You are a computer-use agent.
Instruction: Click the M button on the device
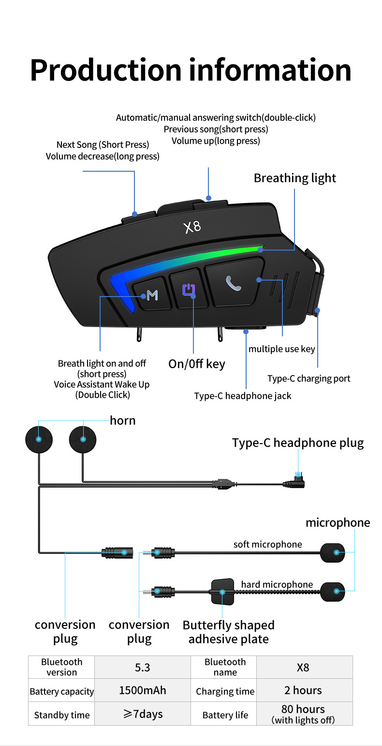[x=152, y=295]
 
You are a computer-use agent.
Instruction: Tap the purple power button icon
[x=189, y=290]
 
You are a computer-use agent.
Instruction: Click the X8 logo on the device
[x=192, y=226]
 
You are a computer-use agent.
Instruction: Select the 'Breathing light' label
[x=294, y=178]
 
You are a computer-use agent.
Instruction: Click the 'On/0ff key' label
[x=196, y=364]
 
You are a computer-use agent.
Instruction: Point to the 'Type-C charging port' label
[x=309, y=378]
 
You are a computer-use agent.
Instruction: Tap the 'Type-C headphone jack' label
[x=242, y=396]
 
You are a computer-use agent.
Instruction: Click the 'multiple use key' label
[x=281, y=349]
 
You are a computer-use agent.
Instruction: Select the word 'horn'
[x=122, y=420]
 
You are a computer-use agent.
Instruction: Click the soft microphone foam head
[x=333, y=552]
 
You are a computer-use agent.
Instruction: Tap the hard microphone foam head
[x=333, y=591]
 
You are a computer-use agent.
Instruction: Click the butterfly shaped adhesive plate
[x=222, y=591]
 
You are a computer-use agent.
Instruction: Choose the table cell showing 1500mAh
[x=142, y=690]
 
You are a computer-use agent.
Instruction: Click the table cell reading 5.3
[x=142, y=667]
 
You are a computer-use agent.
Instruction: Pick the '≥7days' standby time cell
[x=142, y=714]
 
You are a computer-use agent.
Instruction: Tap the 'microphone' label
[x=338, y=522]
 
